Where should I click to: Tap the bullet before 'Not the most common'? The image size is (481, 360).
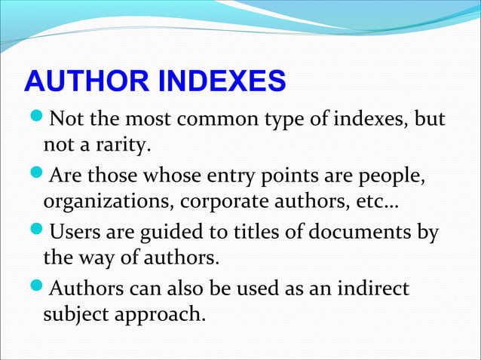(x=35, y=120)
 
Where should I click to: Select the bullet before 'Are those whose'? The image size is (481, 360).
(x=35, y=177)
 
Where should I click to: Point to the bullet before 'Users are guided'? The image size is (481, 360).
(x=35, y=233)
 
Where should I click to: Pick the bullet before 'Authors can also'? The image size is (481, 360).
(x=35, y=290)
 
